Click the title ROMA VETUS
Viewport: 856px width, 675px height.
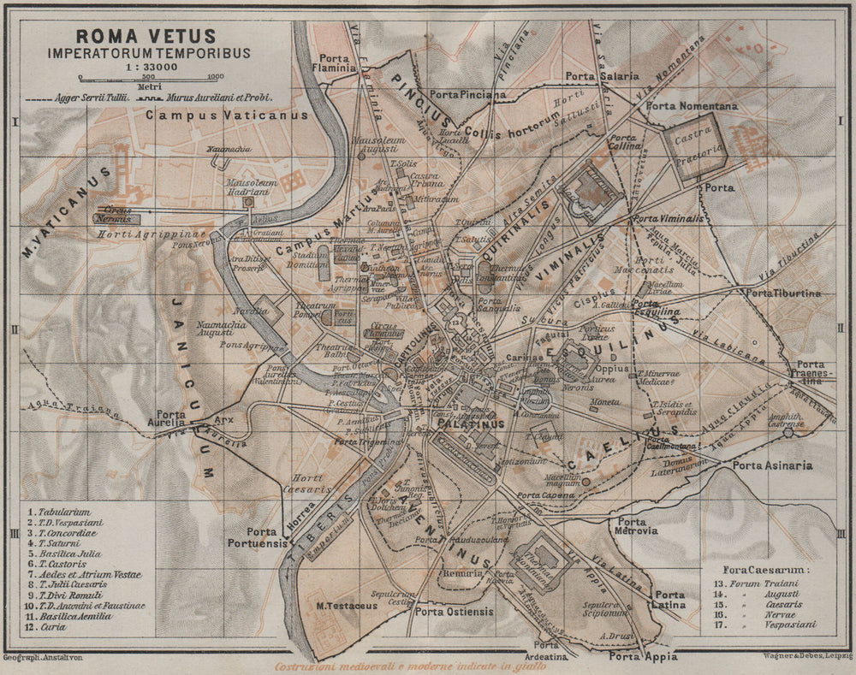(x=146, y=37)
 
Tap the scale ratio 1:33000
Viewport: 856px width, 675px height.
(x=147, y=66)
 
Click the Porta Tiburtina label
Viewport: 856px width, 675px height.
(x=783, y=293)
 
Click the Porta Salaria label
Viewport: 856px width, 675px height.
(x=602, y=76)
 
